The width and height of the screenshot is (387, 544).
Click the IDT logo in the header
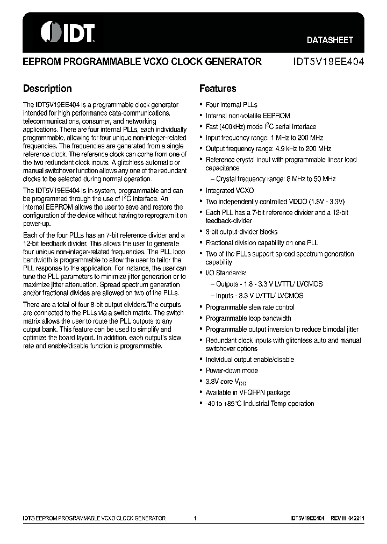click(68, 32)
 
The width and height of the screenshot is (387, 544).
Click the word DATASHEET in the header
click(329, 40)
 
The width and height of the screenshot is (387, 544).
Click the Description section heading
click(47, 89)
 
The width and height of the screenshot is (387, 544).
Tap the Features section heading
click(218, 89)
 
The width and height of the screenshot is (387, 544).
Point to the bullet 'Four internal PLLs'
click(231, 105)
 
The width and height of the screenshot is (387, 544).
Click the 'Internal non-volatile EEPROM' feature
click(248, 116)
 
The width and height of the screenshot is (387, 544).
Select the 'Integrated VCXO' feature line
click(230, 190)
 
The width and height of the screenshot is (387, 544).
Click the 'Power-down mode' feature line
click(232, 370)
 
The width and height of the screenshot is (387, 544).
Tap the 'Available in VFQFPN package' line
click(248, 392)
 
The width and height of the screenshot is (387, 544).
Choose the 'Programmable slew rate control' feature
click(250, 307)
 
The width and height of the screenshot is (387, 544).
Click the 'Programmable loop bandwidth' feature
click(248, 318)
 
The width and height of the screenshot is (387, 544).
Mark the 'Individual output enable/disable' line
click(250, 360)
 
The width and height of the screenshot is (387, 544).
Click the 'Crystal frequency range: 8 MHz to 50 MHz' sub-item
click(275, 179)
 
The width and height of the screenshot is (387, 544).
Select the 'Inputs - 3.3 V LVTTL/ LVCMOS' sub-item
click(259, 296)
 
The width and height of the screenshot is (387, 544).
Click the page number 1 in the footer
click(195, 518)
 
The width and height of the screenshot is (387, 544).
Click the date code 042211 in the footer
click(356, 518)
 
